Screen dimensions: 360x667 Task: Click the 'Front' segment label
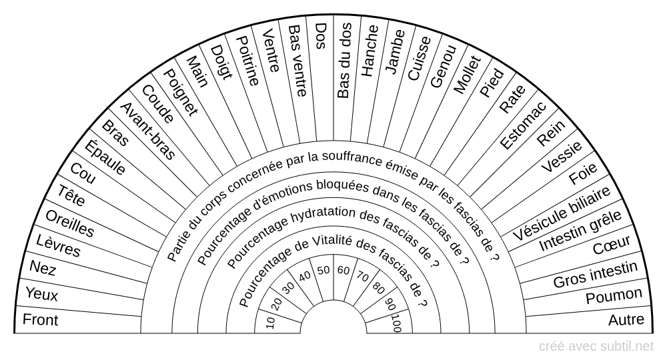pyautogui.click(x=41, y=321)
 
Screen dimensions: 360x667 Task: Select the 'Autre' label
pyautogui.click(x=626, y=321)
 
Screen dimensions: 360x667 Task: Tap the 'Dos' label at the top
pyautogui.click(x=321, y=34)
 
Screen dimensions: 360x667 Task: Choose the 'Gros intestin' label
pyautogui.click(x=596, y=275)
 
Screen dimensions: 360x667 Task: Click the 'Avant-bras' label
pyautogui.click(x=147, y=131)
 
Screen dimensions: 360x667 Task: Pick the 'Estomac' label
pyautogui.click(x=524, y=125)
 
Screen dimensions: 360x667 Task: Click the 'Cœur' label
pyautogui.click(x=611, y=247)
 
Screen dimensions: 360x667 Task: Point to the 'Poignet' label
pyautogui.click(x=181, y=93)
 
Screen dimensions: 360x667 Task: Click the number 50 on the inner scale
pyautogui.click(x=323, y=270)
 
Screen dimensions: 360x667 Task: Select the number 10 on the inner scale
pyautogui.click(x=270, y=323)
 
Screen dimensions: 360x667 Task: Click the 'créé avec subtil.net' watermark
pyautogui.click(x=596, y=346)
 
